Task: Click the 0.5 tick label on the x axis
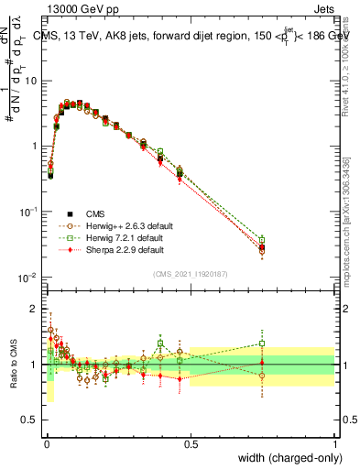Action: coord(191,444)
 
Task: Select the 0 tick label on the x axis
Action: coord(46,444)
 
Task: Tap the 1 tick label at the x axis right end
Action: coord(334,444)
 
